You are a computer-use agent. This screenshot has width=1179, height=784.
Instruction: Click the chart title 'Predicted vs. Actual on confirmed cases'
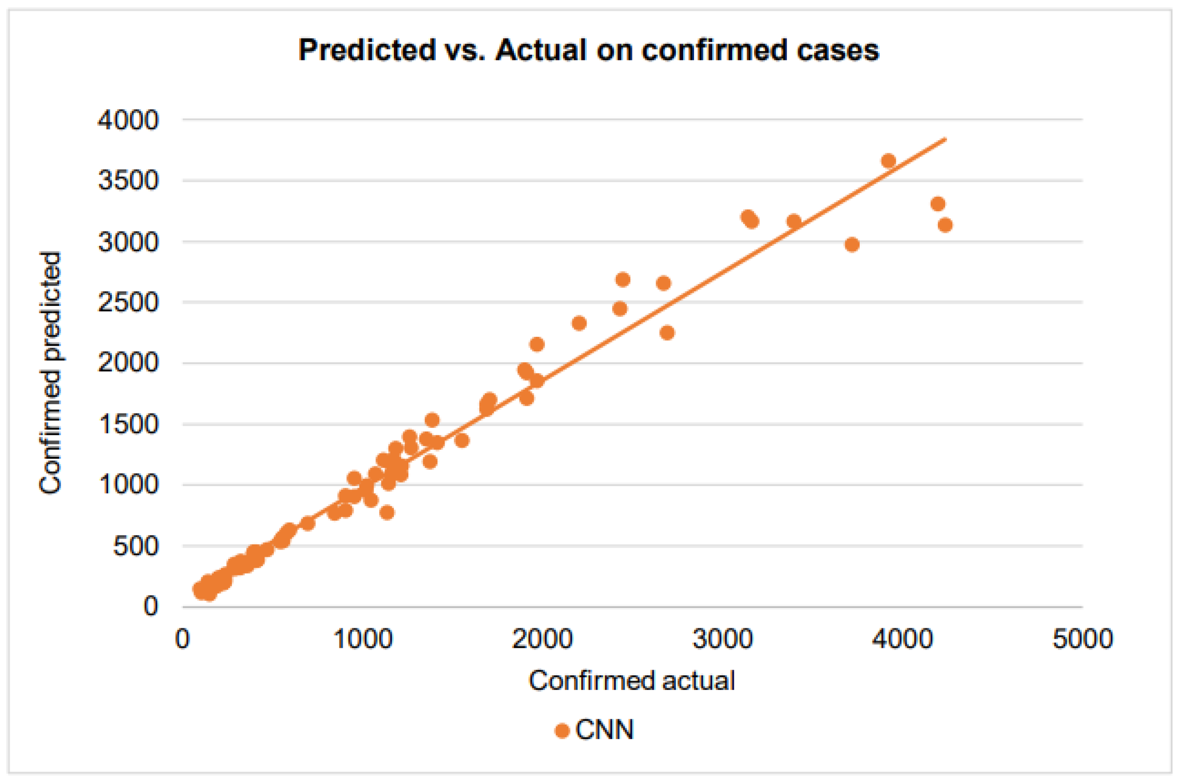pos(588,50)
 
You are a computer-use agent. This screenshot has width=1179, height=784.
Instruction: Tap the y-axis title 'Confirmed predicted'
pos(51,373)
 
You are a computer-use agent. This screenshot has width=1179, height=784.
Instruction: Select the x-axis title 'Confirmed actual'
pos(631,681)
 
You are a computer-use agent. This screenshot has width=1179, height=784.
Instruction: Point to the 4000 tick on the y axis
pos(128,120)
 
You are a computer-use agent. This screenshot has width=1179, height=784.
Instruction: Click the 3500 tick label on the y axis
pos(128,181)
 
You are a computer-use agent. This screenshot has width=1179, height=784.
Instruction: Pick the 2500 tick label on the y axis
pos(128,302)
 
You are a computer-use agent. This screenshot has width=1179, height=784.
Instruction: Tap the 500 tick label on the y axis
pos(136,546)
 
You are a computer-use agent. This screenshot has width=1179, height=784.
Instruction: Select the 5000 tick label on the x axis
pos(1083,639)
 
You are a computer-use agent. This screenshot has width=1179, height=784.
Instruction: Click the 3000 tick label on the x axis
pos(723,639)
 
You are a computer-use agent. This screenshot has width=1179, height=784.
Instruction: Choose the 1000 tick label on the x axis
pos(363,639)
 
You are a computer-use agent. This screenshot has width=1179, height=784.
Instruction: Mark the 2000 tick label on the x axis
pos(542,639)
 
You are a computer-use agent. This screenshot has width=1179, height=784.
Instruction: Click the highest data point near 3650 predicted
pos(889,161)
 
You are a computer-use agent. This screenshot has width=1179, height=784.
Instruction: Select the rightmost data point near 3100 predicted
pos(945,225)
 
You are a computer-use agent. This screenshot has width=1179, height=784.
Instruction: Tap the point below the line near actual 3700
pos(852,244)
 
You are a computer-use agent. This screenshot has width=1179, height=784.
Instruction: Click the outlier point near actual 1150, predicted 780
pos(387,512)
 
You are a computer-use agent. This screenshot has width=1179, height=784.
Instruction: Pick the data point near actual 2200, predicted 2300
pos(579,323)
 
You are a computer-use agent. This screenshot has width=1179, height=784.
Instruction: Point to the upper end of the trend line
pos(945,139)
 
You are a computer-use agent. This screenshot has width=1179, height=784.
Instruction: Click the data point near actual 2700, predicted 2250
pos(667,333)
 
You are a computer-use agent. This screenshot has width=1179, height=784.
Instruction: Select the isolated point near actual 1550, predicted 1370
pos(462,440)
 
